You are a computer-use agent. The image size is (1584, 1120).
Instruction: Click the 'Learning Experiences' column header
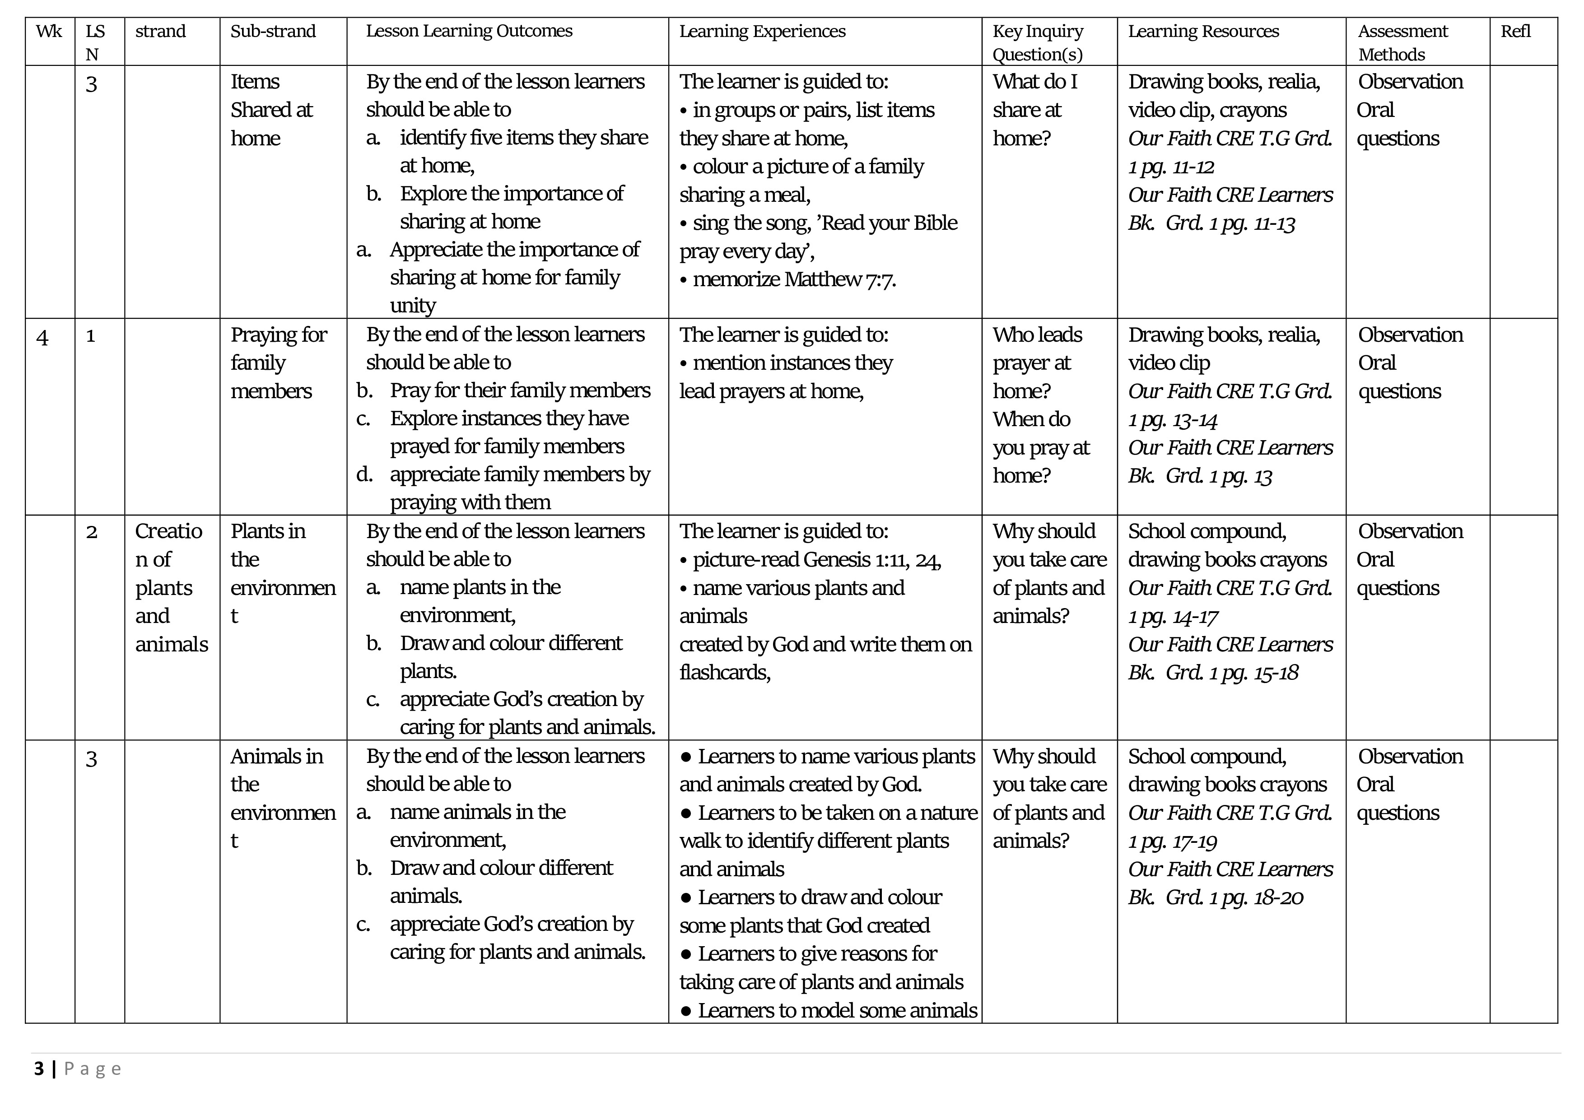(x=762, y=32)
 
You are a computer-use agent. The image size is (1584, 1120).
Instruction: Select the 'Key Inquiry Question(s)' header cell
(x=1038, y=43)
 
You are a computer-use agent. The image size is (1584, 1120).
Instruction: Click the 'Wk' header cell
(x=49, y=32)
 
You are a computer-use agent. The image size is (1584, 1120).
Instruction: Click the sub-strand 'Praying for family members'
(x=278, y=363)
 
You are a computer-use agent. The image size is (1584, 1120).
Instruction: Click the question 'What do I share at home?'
(x=1035, y=110)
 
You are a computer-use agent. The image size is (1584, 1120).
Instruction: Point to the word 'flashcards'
(x=724, y=673)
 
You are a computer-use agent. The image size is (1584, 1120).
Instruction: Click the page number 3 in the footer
(x=39, y=1069)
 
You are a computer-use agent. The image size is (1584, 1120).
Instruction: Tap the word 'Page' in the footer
(x=93, y=1069)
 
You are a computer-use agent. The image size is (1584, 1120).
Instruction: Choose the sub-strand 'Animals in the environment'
(x=282, y=798)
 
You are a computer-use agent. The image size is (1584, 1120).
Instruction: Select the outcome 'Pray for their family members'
(x=519, y=390)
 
